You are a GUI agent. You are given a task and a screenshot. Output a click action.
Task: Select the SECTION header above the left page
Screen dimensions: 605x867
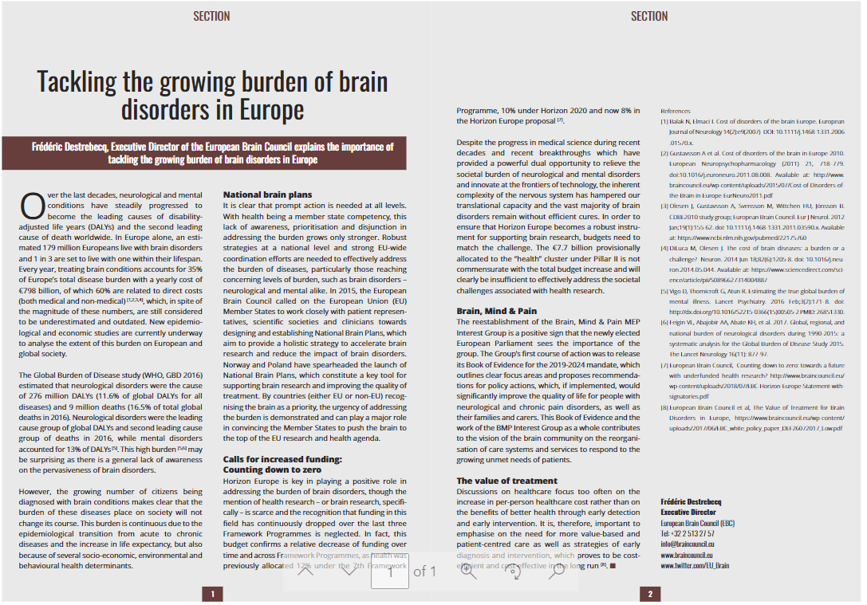(211, 16)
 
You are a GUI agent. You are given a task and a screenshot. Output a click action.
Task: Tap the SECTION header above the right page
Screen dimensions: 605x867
(648, 16)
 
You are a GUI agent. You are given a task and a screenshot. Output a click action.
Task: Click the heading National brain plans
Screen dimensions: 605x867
(267, 194)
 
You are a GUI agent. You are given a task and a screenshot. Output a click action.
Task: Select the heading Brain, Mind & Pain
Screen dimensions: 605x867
(496, 311)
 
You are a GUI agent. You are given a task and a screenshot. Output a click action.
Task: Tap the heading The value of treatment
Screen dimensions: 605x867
(506, 481)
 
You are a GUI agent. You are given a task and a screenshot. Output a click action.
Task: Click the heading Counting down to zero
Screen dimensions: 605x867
(272, 470)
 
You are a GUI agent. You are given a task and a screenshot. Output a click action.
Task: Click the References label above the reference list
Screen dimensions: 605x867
(675, 110)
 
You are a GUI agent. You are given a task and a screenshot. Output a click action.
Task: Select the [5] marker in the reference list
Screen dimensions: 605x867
(664, 292)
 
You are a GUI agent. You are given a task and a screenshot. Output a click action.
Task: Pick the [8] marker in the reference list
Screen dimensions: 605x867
(664, 407)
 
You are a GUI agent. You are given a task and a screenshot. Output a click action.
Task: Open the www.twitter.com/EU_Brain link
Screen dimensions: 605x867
(694, 565)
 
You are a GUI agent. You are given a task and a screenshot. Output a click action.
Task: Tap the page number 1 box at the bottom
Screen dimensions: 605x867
(212, 594)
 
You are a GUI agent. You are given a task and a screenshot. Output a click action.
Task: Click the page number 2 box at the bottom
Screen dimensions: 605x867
(649, 594)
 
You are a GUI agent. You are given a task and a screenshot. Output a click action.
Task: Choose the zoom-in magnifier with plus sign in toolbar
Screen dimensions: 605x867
(469, 571)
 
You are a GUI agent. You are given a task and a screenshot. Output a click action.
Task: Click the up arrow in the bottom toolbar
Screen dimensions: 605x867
(305, 571)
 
